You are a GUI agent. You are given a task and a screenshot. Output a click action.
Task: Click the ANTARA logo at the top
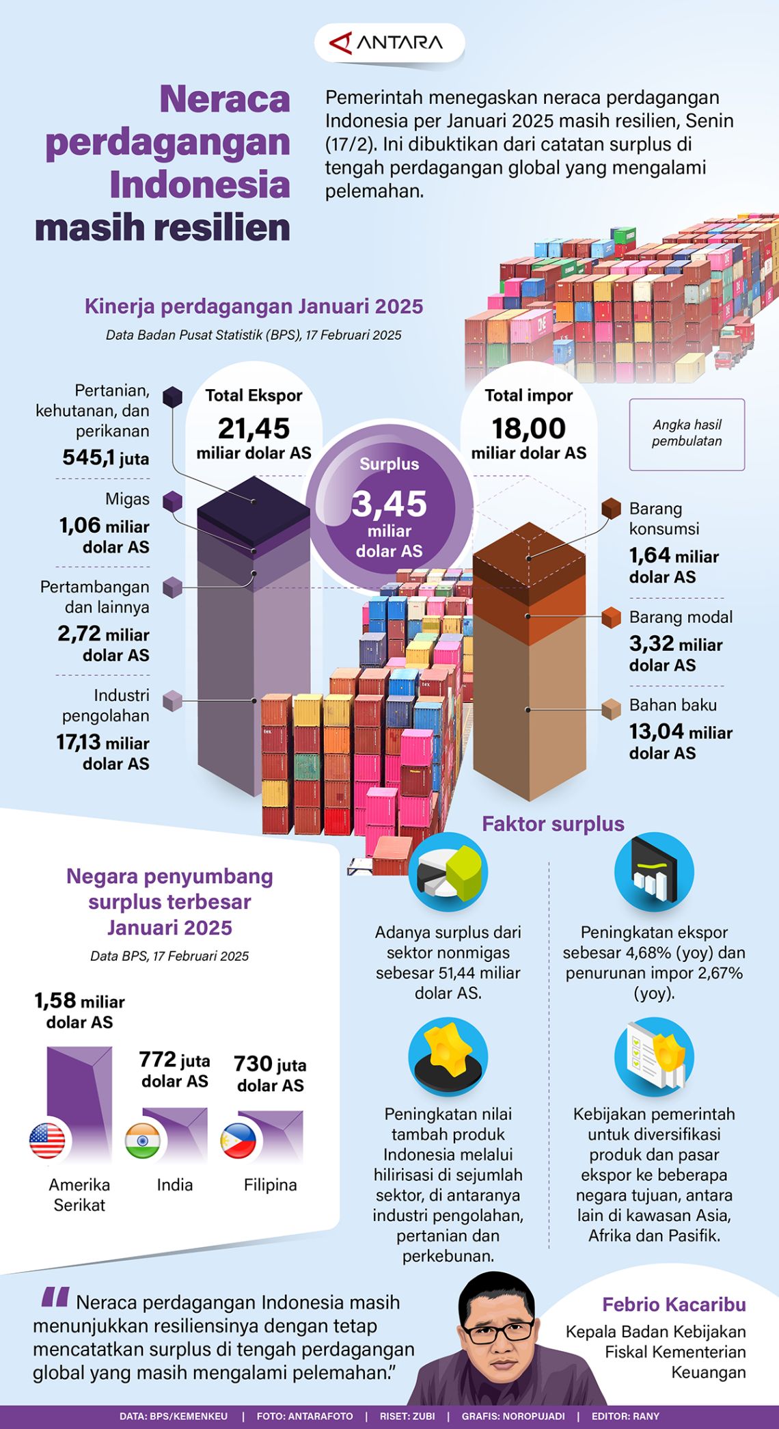[388, 43]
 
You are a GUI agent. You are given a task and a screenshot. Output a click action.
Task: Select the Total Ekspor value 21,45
[254, 429]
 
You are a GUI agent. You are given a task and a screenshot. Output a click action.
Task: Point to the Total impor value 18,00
[528, 429]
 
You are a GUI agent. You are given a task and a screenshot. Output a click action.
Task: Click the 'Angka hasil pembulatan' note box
[687, 433]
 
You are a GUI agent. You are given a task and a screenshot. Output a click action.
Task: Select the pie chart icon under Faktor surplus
[448, 872]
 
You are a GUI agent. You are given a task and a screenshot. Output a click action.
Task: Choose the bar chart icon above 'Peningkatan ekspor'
[654, 872]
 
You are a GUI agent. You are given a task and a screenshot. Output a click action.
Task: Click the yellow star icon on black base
[448, 1056]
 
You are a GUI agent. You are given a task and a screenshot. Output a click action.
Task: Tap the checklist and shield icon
[654, 1056]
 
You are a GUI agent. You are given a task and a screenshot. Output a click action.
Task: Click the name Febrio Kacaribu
[674, 1305]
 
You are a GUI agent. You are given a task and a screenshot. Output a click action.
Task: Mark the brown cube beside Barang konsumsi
[611, 509]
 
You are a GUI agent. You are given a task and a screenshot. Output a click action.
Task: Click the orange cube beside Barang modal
[611, 617]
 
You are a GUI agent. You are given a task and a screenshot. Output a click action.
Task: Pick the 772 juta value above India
[158, 1059]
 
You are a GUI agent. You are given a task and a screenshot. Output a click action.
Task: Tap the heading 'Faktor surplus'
[553, 824]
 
